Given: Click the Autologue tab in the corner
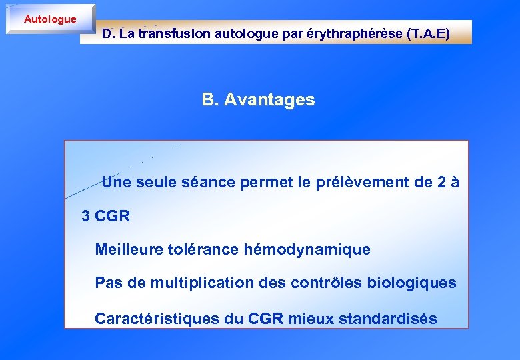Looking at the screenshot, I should coord(50,19).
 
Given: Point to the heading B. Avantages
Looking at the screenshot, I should coord(258,100).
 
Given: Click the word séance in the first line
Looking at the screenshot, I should coord(203,182).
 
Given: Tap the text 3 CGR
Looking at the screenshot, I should coord(105,216).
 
